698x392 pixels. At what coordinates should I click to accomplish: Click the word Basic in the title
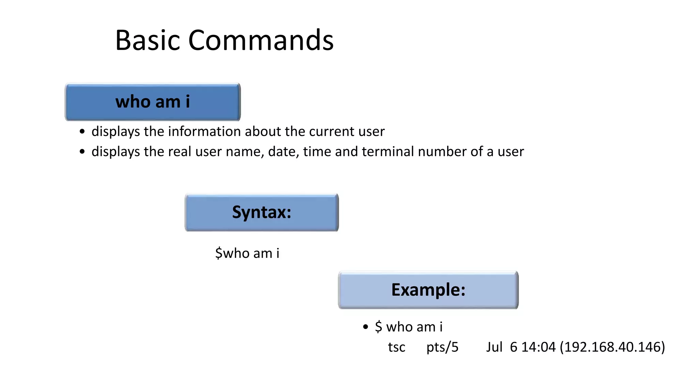point(147,40)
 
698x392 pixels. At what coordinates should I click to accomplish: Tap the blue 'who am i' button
point(153,102)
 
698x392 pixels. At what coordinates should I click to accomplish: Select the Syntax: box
point(262,213)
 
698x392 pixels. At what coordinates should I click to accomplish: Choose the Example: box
point(428,290)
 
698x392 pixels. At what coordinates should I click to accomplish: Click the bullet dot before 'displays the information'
point(82,132)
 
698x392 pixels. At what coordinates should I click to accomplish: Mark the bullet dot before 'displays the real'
point(82,152)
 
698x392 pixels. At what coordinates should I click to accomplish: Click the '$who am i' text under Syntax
point(247,253)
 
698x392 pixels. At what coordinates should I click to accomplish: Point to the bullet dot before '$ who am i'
point(366,327)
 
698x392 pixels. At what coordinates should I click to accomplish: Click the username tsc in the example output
point(396,347)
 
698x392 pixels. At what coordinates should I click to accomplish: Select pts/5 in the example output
point(442,347)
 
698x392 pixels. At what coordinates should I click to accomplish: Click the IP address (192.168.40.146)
point(612,347)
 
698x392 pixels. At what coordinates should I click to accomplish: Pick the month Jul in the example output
point(494,347)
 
